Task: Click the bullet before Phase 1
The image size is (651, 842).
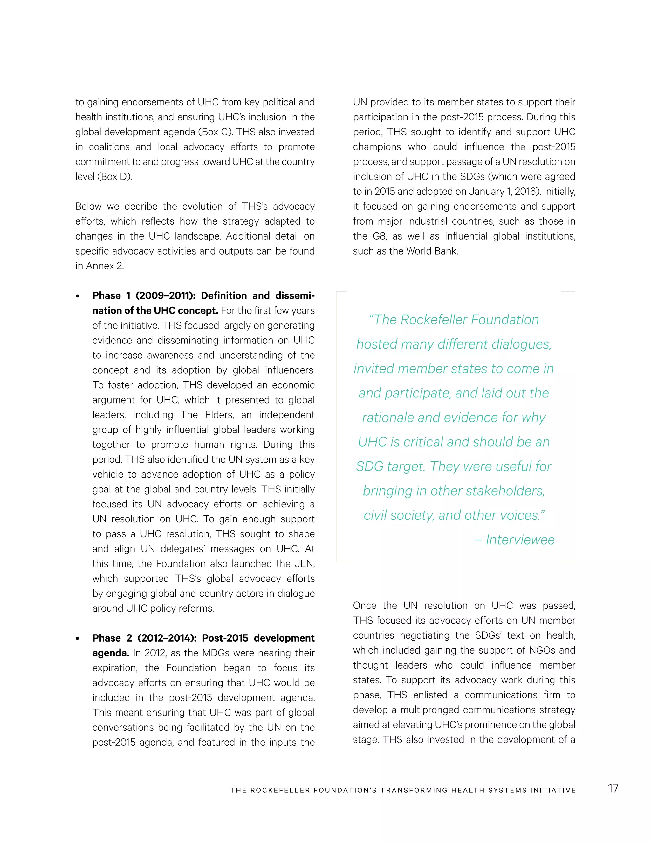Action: coord(78,296)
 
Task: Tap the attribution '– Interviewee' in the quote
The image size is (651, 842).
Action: coord(515,540)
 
